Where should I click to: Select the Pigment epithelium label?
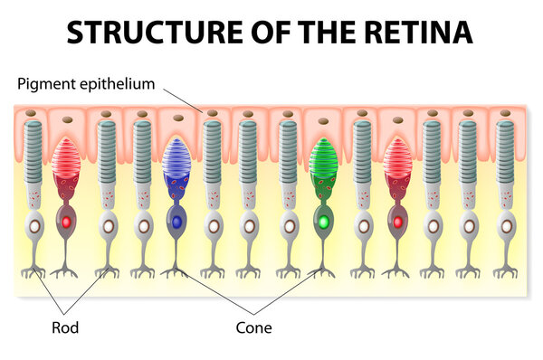[85, 84]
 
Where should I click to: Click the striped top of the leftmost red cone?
[65, 159]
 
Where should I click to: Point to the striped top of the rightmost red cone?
[396, 159]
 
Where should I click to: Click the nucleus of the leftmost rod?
[32, 225]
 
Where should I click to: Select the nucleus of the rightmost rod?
[505, 225]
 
